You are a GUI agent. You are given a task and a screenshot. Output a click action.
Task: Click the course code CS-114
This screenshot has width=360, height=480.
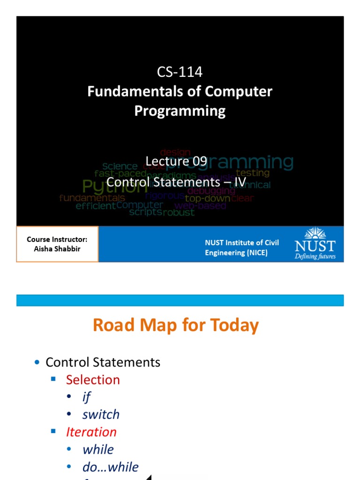click(180, 72)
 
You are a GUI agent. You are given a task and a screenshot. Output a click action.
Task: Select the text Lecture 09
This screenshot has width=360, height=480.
click(176, 162)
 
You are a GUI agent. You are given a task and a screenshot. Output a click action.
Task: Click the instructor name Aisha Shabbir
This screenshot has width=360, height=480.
click(57, 249)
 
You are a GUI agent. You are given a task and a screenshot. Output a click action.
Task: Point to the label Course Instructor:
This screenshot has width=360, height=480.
click(57, 240)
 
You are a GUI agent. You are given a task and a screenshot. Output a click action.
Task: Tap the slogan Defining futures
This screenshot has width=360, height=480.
click(315, 256)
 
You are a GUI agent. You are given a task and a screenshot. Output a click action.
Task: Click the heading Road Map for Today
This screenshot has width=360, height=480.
click(176, 325)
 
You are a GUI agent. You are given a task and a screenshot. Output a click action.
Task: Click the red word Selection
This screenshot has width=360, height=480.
click(93, 380)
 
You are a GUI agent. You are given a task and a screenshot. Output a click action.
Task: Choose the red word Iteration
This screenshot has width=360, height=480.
click(91, 432)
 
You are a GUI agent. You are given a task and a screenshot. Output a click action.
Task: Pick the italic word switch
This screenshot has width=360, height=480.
click(101, 414)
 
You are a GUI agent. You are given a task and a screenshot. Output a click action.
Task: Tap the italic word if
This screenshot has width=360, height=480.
click(86, 397)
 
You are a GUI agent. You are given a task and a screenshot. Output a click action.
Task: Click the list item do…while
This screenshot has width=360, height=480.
click(110, 467)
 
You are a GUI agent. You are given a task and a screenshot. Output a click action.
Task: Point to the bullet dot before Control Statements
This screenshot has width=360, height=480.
click(37, 363)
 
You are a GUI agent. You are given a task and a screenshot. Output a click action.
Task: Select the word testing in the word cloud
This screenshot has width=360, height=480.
click(253, 172)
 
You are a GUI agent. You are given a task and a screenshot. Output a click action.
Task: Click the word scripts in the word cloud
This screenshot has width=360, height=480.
click(145, 212)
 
